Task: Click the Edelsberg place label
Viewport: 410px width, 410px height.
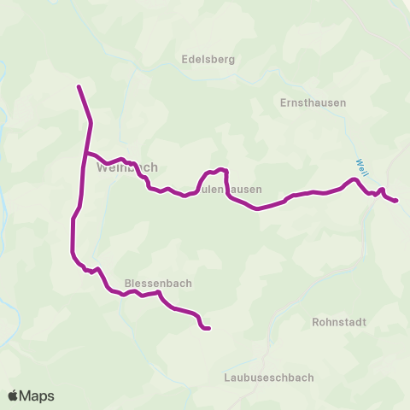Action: tap(208, 60)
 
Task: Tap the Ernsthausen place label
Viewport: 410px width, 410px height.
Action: tap(313, 102)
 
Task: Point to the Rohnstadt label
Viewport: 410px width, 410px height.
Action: tap(339, 323)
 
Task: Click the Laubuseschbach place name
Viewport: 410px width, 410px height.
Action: tap(268, 377)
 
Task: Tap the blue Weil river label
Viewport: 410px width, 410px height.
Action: tap(361, 166)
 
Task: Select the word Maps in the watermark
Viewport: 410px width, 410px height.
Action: tap(38, 395)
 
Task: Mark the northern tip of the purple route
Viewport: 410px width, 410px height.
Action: tap(79, 86)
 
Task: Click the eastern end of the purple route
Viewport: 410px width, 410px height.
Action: tap(396, 201)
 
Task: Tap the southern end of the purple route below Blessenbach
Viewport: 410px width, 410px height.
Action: tap(208, 328)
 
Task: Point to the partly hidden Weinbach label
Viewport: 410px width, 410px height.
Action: tap(127, 167)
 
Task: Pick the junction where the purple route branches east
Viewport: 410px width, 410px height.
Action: tap(85, 153)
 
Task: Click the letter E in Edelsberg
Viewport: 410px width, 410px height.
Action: tap(184, 60)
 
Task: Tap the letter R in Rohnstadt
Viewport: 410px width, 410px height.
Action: tap(316, 323)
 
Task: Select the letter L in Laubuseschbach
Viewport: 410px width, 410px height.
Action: tap(226, 377)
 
